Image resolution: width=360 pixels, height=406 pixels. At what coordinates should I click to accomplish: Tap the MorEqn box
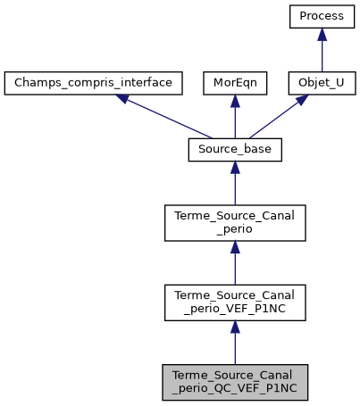pyautogui.click(x=234, y=83)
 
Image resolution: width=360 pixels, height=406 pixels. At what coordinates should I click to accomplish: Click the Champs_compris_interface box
pyautogui.click(x=94, y=83)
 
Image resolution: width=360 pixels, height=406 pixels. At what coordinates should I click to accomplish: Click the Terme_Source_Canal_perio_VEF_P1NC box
pyautogui.click(x=234, y=302)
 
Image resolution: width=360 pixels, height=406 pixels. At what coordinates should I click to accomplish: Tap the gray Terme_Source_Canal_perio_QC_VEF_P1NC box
pyautogui.click(x=234, y=382)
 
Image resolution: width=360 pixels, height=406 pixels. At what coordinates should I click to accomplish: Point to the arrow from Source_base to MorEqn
pyautogui.click(x=234, y=117)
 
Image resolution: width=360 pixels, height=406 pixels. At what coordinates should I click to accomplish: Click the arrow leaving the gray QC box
pyautogui.click(x=234, y=343)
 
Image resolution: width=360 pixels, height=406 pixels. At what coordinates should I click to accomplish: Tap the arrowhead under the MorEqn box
pyautogui.click(x=234, y=101)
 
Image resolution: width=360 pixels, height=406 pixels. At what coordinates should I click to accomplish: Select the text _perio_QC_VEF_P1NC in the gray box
pyautogui.click(x=234, y=389)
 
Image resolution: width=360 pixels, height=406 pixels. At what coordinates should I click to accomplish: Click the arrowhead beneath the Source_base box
pyautogui.click(x=234, y=169)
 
